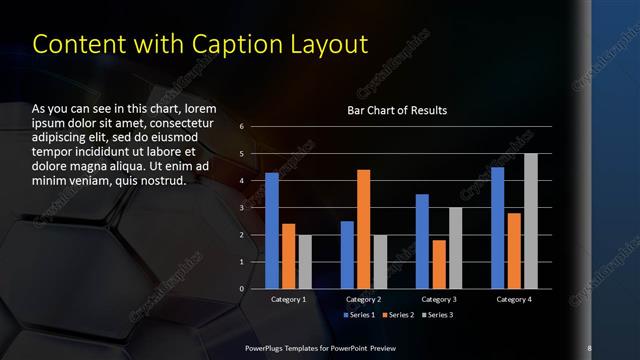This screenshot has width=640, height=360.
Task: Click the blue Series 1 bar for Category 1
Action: (272, 231)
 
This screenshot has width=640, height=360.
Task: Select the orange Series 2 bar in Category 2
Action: (363, 229)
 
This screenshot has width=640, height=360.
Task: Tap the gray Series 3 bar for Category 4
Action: (531, 221)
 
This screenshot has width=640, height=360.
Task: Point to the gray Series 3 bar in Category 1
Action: (305, 262)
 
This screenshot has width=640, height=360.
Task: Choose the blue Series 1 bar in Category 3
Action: (422, 241)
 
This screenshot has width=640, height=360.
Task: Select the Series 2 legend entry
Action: (400, 315)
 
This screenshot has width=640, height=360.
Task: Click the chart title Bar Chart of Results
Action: (397, 110)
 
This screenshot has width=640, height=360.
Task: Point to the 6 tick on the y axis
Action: (241, 127)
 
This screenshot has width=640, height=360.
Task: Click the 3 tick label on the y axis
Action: (241, 208)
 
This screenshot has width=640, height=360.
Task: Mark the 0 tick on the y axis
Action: (241, 289)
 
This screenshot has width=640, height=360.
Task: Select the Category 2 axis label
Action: (363, 299)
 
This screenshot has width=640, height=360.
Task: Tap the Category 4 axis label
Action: (514, 299)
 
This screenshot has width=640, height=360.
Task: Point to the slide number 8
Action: (589, 347)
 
